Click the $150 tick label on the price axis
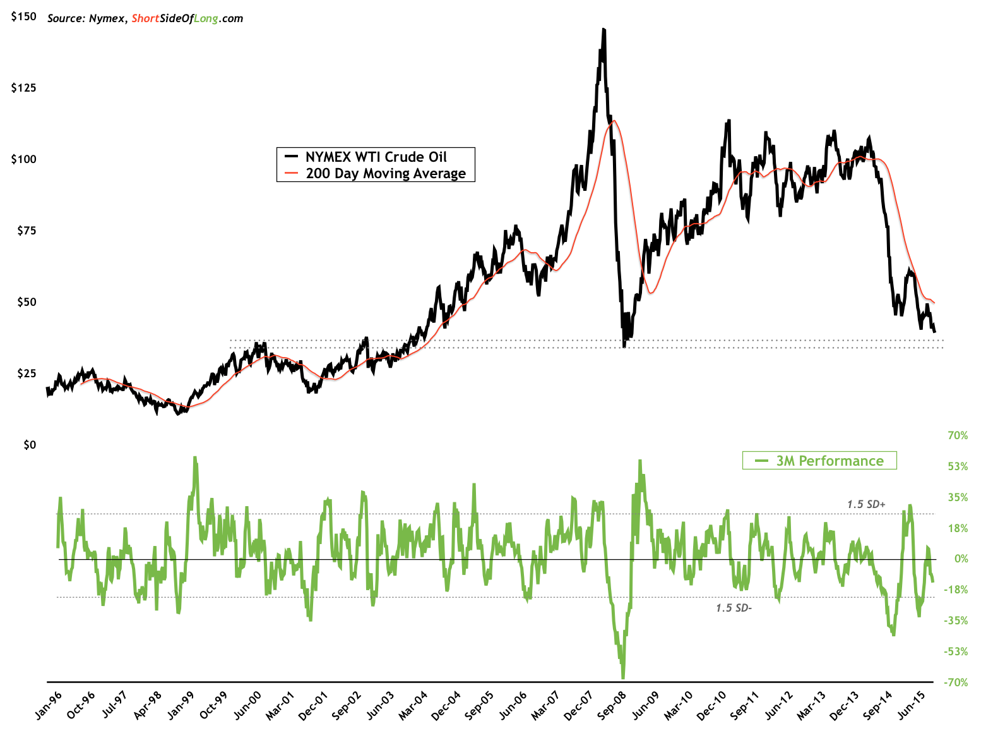pos(24,17)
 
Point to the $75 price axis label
pos(24,231)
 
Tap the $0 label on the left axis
pos(29,445)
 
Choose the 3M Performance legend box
pos(819,461)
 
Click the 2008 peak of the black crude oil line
pos(603,30)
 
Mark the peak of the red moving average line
pos(614,121)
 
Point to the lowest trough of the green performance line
pos(623,677)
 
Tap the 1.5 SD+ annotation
pos(866,504)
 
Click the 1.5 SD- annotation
pos(734,608)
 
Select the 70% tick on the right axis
pos(957,435)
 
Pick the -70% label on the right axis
pos(956,682)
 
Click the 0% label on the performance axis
pos(961,559)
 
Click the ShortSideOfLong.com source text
pos(187,18)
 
